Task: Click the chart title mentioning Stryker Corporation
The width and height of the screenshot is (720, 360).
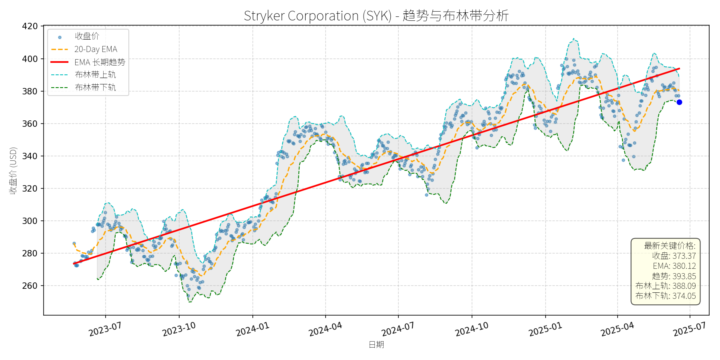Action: (376, 16)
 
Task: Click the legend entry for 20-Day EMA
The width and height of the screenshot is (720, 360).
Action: (96, 49)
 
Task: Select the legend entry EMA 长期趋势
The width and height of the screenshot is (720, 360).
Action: (100, 62)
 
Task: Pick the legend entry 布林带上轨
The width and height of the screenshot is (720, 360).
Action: (95, 75)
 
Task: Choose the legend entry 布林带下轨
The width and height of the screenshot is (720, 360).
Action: (95, 88)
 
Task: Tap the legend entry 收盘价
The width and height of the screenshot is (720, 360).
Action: (87, 36)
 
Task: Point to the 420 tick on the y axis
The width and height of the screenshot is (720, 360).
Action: (30, 26)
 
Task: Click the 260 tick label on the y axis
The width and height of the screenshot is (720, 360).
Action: (30, 286)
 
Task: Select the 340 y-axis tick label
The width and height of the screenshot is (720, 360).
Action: (30, 156)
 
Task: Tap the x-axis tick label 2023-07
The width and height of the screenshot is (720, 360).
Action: (105, 329)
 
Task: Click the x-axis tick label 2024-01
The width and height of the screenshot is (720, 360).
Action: (252, 329)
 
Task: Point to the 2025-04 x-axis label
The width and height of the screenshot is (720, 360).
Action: (617, 329)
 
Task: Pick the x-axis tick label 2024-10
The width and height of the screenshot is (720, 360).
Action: (472, 329)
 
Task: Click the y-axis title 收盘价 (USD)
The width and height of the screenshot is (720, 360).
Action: (13, 171)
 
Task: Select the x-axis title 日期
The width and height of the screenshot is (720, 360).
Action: (376, 345)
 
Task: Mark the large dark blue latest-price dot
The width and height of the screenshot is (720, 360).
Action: (679, 102)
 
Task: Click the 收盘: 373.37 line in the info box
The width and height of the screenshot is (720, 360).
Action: (674, 256)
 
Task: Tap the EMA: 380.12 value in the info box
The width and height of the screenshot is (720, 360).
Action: (674, 266)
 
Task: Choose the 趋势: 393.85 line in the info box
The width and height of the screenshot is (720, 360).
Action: (674, 276)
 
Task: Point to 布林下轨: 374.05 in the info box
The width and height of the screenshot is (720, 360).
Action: (666, 296)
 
